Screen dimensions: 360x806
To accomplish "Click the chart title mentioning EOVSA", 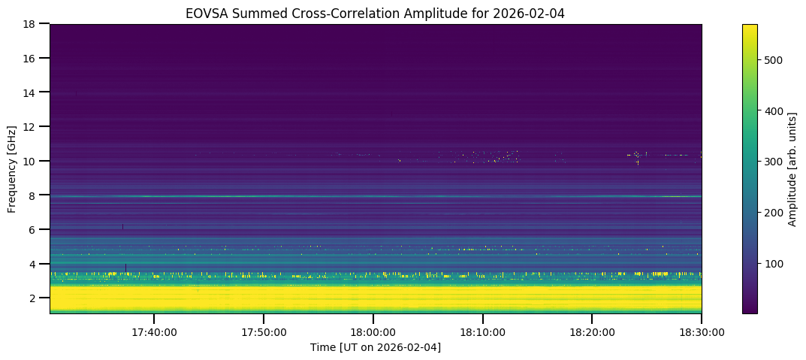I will click(x=376, y=13).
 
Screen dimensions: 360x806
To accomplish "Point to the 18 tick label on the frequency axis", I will click(x=33, y=24).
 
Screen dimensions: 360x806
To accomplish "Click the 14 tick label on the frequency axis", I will click(x=33, y=92).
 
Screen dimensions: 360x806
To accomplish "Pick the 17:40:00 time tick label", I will click(x=154, y=331).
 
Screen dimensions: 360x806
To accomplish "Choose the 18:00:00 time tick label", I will click(x=373, y=331).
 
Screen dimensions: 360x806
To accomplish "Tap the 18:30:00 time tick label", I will click(x=702, y=331).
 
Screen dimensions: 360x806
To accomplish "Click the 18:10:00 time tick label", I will click(x=483, y=331).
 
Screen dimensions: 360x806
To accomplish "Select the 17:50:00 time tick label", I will click(x=264, y=331).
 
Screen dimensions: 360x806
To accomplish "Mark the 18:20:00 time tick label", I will click(x=592, y=331).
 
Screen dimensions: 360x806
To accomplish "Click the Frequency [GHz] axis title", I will click(x=12, y=169).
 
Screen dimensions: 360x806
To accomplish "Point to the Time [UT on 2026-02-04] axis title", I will click(x=376, y=347).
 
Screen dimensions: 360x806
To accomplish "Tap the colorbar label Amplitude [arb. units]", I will click(x=792, y=169).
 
